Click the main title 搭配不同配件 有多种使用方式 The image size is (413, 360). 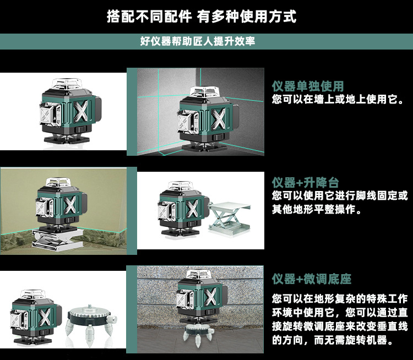point(201,17)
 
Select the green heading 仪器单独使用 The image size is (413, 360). point(307,86)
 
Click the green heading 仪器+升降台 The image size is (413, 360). point(305,183)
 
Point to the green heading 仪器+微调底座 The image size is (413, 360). point(312,279)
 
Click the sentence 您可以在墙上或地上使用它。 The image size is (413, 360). point(338,100)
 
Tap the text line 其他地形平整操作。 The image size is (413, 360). point(316,209)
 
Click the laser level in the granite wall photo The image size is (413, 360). point(200,297)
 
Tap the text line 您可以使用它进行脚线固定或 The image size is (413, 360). point(340,196)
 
